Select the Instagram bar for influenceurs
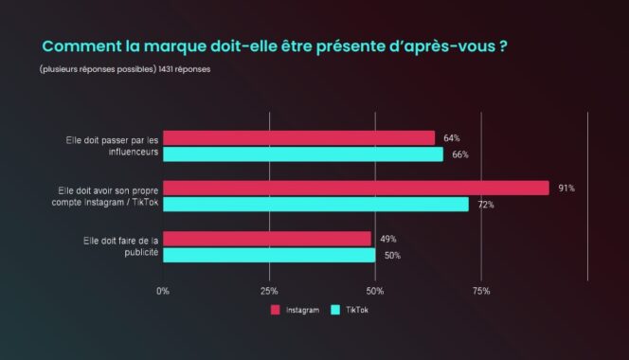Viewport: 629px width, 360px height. (x=298, y=138)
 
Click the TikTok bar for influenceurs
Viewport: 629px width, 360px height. (x=303, y=154)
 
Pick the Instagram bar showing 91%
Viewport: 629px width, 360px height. (x=356, y=188)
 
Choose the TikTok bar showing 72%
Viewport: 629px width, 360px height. (x=315, y=205)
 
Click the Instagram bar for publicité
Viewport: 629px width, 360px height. (x=267, y=239)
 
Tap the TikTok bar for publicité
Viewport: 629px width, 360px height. (x=269, y=255)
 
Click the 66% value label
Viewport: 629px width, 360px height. (x=460, y=154)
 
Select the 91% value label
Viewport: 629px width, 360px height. (x=566, y=189)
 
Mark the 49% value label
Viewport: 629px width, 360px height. (x=388, y=239)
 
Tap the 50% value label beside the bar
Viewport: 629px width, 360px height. (x=393, y=256)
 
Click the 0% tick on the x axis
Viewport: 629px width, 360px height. (x=163, y=291)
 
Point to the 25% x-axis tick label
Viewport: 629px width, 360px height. (x=269, y=291)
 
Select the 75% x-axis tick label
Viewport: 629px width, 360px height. (x=481, y=291)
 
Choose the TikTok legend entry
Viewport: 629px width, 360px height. (x=350, y=310)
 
